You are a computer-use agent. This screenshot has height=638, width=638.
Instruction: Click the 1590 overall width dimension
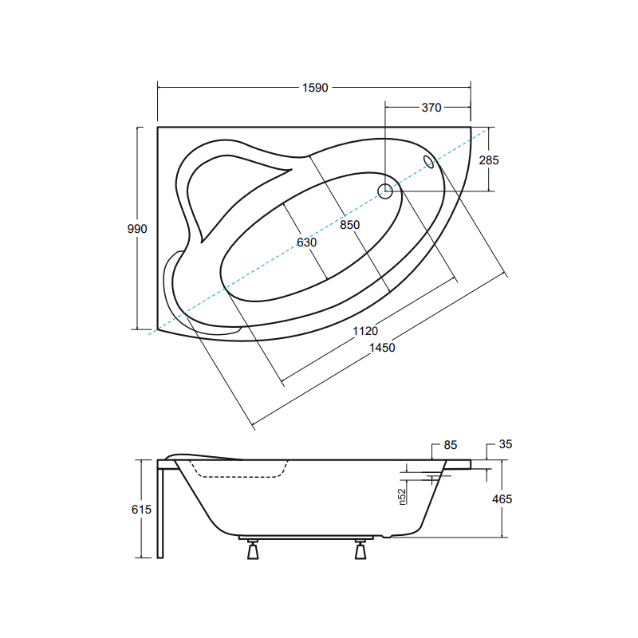coord(315,88)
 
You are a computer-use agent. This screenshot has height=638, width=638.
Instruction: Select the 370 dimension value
coord(431,108)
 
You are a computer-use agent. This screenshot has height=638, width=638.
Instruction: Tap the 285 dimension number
coord(489,160)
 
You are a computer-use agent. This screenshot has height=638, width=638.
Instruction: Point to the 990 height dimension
coord(137,229)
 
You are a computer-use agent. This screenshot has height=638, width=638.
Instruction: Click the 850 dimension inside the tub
coord(350,225)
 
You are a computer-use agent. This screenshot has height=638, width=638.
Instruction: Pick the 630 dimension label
coord(306,242)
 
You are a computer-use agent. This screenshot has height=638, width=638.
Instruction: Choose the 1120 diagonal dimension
coord(365,331)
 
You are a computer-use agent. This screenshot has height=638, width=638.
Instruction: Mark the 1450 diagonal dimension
coord(382,348)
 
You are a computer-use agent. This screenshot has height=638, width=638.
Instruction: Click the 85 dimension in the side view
coord(451,445)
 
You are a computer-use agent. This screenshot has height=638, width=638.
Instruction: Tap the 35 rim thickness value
coord(506,444)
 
